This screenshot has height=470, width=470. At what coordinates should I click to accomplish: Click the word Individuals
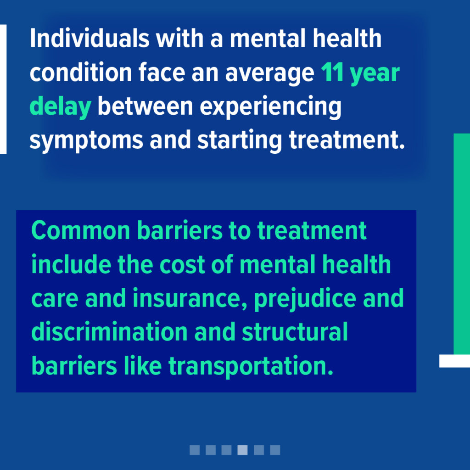point(90,39)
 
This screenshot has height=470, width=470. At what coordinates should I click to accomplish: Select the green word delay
point(60,106)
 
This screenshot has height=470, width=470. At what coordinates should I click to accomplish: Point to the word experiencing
point(271,106)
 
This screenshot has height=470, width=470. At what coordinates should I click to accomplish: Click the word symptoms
point(86,140)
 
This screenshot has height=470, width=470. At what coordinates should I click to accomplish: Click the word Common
point(81,230)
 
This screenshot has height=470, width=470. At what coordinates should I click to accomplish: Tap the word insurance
point(190,298)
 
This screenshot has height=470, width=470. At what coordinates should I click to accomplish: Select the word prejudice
point(305,299)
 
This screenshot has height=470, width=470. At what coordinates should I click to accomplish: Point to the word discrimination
point(109,332)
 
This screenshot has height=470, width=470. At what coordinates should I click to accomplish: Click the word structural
point(295,332)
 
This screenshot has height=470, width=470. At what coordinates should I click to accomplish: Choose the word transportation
point(251,366)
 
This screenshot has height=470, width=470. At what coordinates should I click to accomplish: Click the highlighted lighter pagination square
point(242,450)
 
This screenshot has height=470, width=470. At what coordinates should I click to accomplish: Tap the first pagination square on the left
point(195,450)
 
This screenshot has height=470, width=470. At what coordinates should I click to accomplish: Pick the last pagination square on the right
point(275,450)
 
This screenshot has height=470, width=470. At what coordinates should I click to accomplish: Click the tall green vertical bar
point(462,244)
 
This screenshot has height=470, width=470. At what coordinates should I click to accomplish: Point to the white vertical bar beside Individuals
point(3,90)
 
